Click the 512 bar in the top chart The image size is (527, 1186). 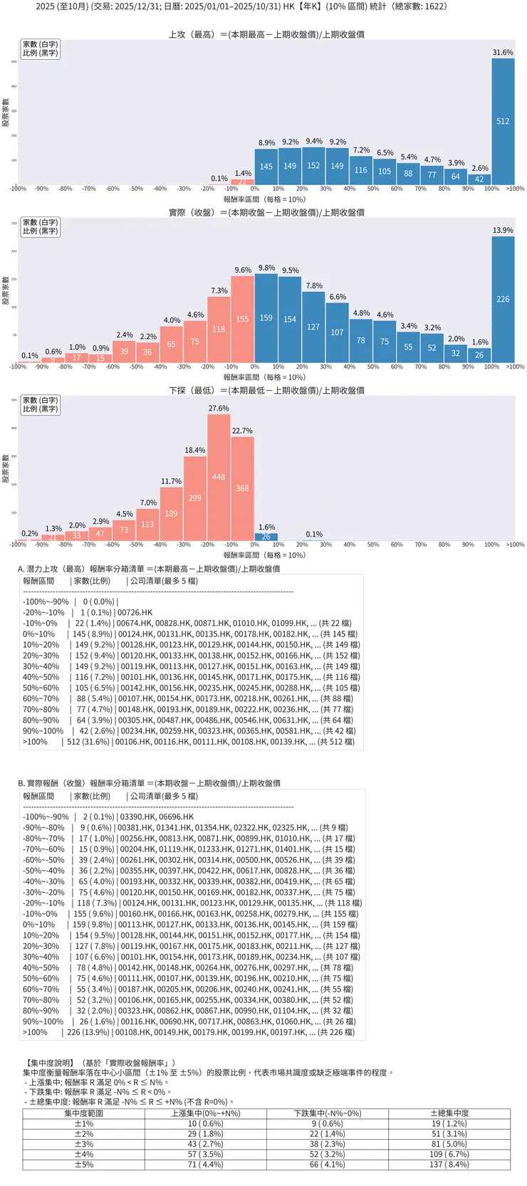click(x=503, y=122)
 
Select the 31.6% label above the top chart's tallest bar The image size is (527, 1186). click(x=503, y=53)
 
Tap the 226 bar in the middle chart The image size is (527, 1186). click(x=503, y=299)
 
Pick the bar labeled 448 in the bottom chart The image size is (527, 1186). click(x=219, y=477)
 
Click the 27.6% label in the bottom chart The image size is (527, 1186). click(x=219, y=409)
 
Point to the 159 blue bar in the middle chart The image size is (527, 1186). click(x=266, y=318)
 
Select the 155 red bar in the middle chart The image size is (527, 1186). click(x=242, y=319)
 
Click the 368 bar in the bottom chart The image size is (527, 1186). click(x=242, y=488)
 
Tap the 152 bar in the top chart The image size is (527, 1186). click(x=313, y=166)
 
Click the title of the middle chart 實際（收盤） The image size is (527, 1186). click(x=266, y=212)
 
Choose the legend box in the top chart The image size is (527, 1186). click(x=40, y=48)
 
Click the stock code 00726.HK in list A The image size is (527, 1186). click(x=135, y=612)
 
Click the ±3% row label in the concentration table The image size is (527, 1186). click(x=84, y=1144)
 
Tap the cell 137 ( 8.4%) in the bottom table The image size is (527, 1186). click(x=449, y=1165)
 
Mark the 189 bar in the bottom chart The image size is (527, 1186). click(x=171, y=513)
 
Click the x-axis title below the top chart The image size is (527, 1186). click(x=264, y=199)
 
